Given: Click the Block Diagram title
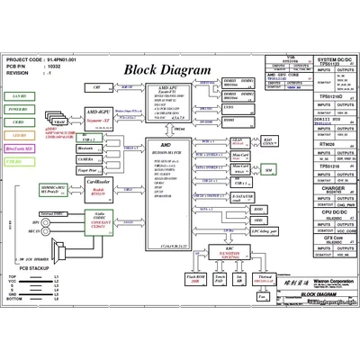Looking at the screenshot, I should (166, 70).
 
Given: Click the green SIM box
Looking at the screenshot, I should (267, 169).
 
